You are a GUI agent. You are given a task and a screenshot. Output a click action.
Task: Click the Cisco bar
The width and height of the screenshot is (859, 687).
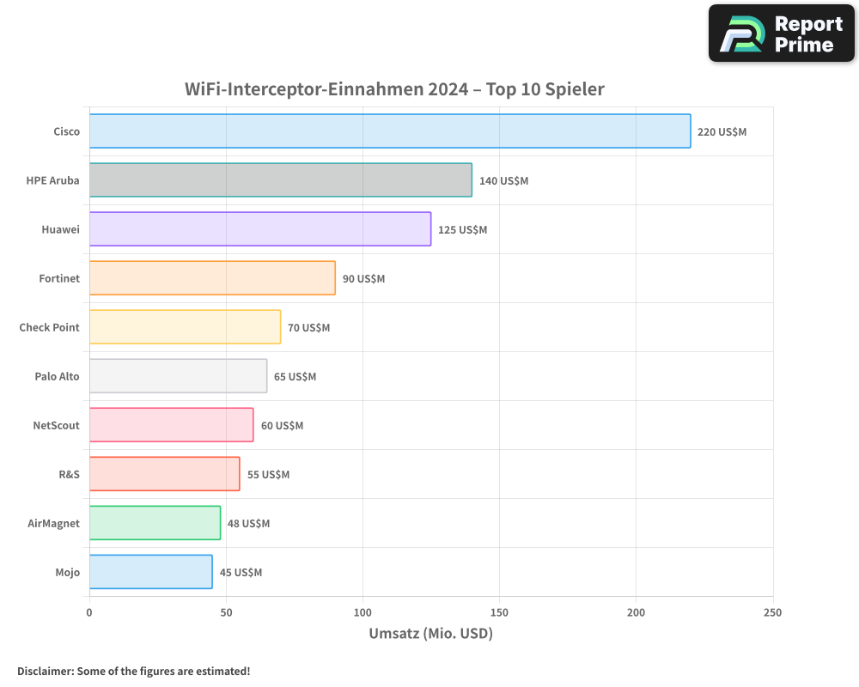point(390,131)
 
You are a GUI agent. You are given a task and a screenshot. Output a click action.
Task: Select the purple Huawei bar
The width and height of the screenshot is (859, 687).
point(260,229)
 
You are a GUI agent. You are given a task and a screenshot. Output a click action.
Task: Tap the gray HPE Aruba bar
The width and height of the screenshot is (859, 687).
point(281,180)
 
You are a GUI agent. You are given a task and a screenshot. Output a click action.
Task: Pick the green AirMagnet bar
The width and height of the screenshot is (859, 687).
point(155,523)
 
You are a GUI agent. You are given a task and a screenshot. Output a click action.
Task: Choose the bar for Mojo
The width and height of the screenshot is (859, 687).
point(151,572)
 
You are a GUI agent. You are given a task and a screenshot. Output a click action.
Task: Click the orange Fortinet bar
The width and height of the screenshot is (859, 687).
point(212,278)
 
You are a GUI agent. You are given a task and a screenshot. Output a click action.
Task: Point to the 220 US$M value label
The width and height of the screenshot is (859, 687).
point(722,132)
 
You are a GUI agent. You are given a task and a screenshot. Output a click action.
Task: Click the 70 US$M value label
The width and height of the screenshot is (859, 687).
point(308,328)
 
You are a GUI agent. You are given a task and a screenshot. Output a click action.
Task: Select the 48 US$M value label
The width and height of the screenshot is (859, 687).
point(248,524)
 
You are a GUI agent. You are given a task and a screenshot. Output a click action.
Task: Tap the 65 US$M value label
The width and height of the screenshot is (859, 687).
point(295,377)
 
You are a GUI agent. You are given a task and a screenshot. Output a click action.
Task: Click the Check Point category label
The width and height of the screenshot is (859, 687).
point(49,327)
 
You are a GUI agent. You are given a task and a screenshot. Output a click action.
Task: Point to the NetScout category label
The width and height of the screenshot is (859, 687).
point(56,425)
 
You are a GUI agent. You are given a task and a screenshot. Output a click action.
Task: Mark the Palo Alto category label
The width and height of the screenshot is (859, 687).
point(57,376)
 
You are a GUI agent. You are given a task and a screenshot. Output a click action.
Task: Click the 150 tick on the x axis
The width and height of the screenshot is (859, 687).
point(500,612)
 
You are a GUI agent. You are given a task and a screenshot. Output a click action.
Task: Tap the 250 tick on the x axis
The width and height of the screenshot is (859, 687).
point(772,612)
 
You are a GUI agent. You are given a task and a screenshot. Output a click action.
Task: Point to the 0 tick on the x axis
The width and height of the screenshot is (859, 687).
point(89,612)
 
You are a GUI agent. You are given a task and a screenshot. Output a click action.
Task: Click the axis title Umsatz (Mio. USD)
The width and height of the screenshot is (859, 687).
point(430,634)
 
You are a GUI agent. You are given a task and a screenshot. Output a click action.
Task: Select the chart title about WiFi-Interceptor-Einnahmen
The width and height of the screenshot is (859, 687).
point(394,89)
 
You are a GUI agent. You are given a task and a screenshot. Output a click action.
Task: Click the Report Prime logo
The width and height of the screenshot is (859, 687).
point(782,33)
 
